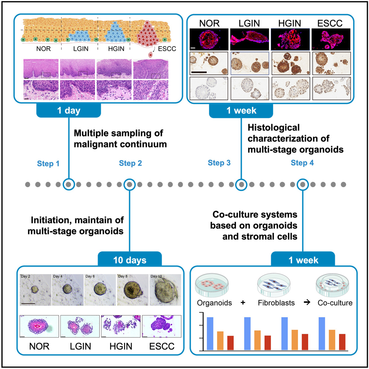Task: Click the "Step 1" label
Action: [49, 163]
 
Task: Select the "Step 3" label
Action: [219, 163]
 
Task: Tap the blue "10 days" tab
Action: [129, 260]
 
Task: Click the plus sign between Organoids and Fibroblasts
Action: [243, 303]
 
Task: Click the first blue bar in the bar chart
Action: [210, 333]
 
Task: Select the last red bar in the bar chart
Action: [342, 342]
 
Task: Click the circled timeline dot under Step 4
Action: [303, 184]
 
